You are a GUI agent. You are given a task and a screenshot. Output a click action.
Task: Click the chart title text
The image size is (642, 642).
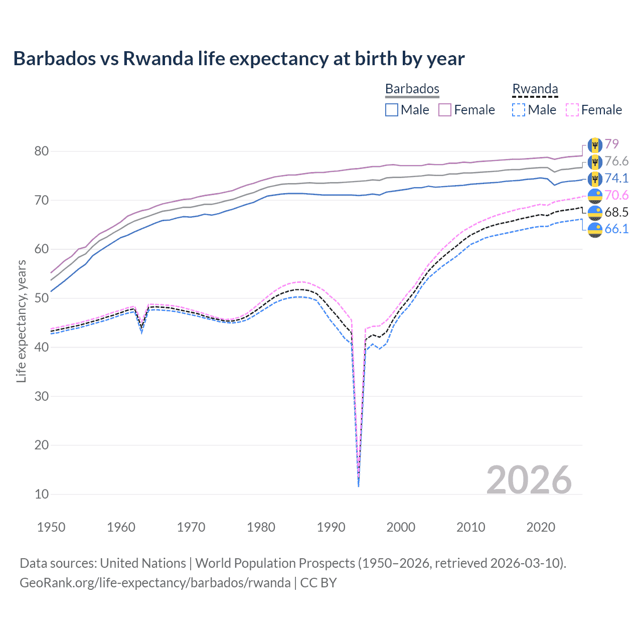coord(239,59)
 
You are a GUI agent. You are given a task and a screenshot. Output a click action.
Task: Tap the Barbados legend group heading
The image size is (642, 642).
coord(412,89)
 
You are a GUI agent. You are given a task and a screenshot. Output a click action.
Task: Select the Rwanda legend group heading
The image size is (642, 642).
coord(535,89)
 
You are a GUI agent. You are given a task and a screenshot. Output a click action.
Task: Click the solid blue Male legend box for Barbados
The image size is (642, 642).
coord(392,110)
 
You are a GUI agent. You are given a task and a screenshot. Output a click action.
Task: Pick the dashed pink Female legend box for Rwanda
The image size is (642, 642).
coord(572,110)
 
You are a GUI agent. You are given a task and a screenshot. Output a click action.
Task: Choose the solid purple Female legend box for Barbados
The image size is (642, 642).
coord(445,110)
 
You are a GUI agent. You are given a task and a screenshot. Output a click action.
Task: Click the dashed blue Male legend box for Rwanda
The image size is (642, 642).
coord(519,110)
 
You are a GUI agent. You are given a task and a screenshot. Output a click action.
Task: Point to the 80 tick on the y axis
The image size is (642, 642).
coord(42,151)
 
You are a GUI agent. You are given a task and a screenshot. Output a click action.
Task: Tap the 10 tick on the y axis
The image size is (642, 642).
coord(42,494)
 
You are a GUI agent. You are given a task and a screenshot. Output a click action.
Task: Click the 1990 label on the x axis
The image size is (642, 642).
coord(331,527)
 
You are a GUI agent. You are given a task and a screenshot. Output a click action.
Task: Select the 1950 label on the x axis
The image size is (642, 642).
coord(51,527)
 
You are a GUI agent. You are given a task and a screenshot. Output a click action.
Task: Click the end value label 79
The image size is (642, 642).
coord(611,144)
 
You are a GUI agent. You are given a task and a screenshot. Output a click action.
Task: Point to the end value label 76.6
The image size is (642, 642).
coord(616,162)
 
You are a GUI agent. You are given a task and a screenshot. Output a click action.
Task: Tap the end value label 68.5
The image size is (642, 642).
coord(616,212)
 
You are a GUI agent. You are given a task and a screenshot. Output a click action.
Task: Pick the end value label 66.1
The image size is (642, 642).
coord(616,229)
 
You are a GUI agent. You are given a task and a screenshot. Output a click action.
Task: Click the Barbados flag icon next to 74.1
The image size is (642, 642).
coord(595,179)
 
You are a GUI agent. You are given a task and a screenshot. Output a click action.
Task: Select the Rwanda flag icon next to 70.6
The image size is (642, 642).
coord(595,196)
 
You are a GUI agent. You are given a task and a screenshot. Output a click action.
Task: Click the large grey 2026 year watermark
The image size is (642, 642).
coord(529,480)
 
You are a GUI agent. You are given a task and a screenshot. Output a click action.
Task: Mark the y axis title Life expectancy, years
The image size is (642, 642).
coord(21,321)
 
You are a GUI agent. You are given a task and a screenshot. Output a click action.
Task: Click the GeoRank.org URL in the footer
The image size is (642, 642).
coord(155,583)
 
